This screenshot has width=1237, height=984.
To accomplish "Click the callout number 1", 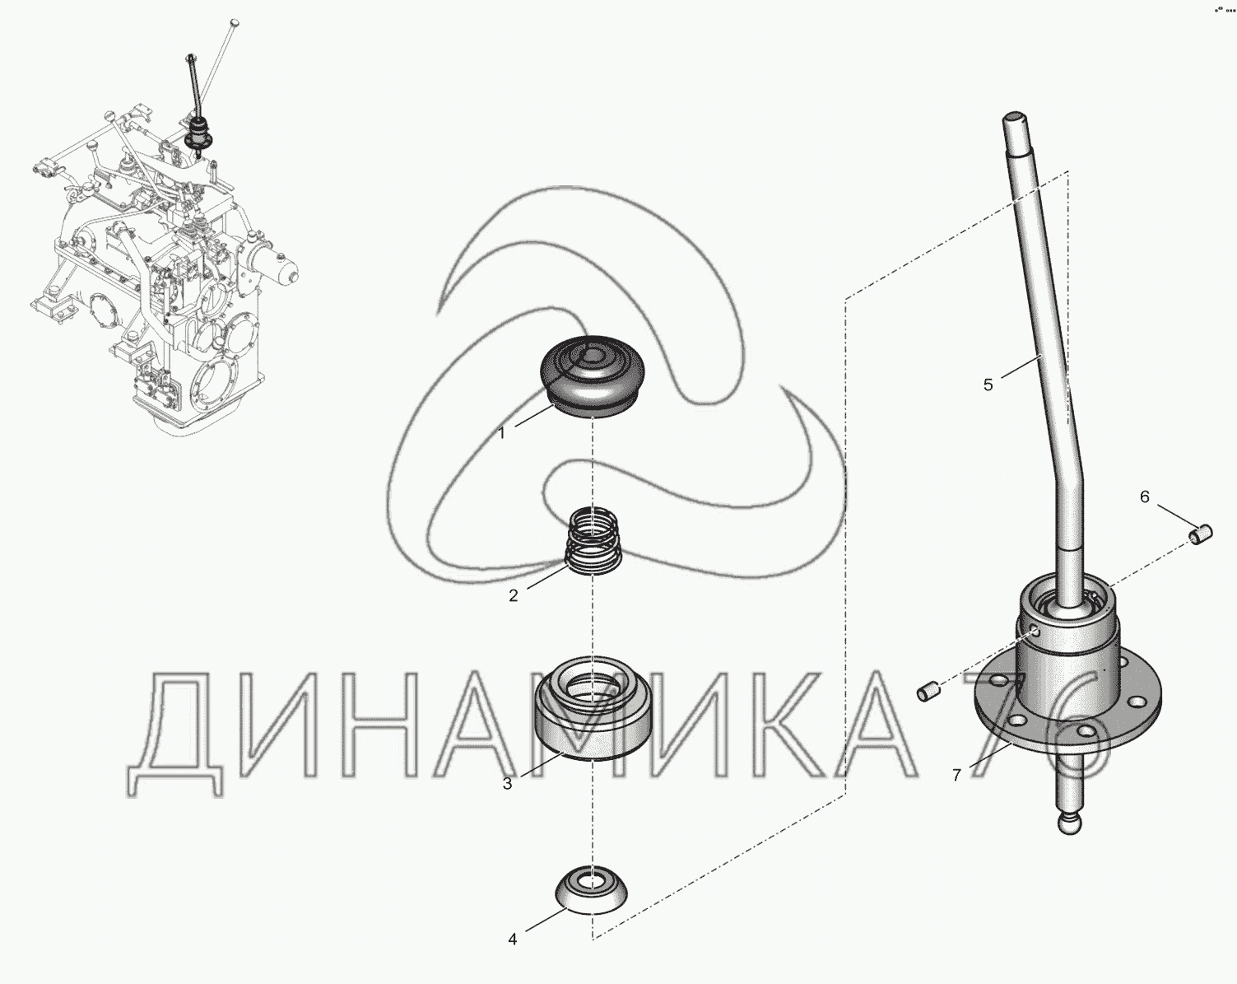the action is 501,433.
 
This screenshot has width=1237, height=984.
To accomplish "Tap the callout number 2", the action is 513,596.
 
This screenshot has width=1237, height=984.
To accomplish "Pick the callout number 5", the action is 988,385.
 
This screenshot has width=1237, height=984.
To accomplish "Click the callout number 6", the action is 1145,497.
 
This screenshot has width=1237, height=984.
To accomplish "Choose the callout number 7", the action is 956,776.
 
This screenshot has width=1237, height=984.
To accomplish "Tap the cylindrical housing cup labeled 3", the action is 593,707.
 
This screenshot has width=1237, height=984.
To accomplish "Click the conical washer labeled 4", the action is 591,893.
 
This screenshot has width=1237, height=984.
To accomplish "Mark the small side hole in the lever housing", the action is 1034,632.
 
